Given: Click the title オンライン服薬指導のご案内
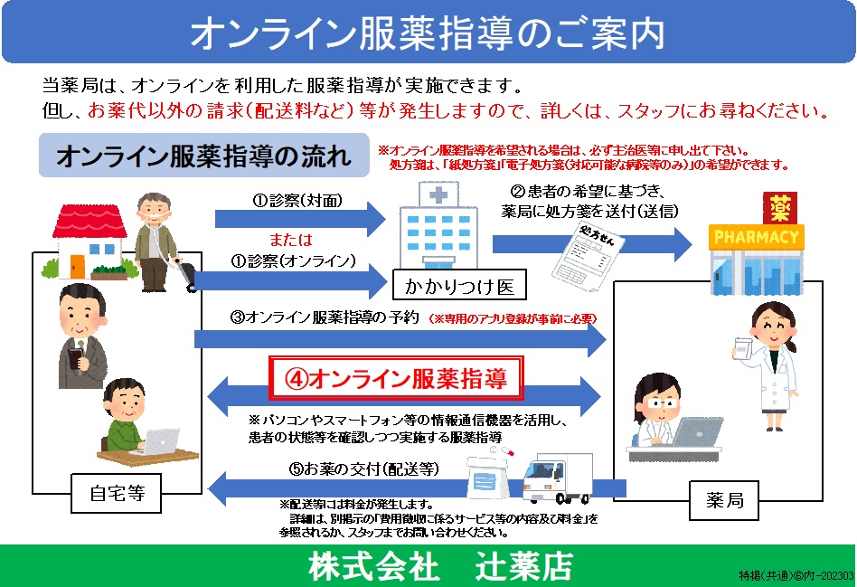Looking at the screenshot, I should pos(428,33).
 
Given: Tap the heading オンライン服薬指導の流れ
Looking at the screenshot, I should pos(203,156).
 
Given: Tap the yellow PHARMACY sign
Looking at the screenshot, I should pos(757,238).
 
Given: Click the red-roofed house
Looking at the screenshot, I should pos(87,238).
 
